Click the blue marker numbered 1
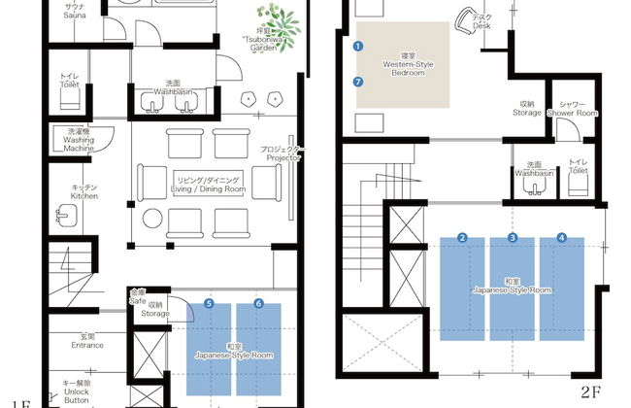pyautogui.click(x=358, y=46)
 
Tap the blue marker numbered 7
pyautogui.click(x=358, y=82)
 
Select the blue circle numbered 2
pyautogui.click(x=463, y=238)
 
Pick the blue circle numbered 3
pyautogui.click(x=513, y=238)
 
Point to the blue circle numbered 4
pyautogui.click(x=561, y=238)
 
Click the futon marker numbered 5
pyautogui.click(x=209, y=304)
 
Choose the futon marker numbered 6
pyautogui.click(x=258, y=304)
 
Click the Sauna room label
pyautogui.click(x=75, y=12)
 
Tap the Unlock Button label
pyautogui.click(x=79, y=391)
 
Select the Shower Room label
pyautogui.click(x=572, y=109)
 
